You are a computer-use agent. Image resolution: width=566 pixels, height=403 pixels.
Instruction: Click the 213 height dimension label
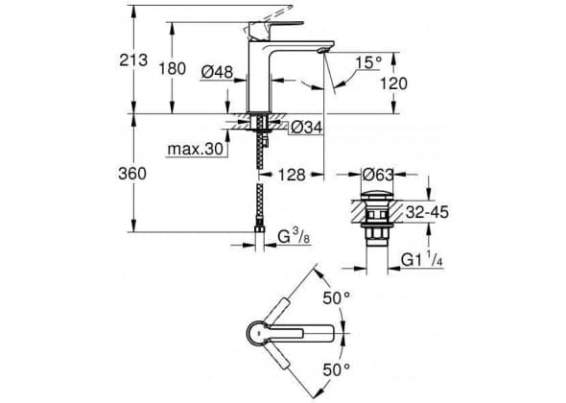(x=133, y=59)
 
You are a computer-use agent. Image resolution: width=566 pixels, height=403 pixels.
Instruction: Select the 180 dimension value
(x=173, y=69)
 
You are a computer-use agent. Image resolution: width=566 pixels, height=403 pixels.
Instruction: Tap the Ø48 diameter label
(x=217, y=72)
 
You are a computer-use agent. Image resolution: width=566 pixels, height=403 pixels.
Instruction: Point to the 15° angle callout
(x=368, y=62)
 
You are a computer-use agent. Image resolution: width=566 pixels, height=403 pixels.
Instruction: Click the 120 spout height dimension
(x=393, y=83)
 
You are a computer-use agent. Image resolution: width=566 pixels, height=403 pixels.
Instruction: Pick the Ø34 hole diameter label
(x=306, y=128)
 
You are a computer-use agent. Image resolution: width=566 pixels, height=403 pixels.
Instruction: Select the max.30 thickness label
(x=196, y=149)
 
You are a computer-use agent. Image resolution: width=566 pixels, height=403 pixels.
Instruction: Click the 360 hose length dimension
(x=132, y=174)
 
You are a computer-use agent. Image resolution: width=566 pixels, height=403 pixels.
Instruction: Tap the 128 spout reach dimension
(x=292, y=175)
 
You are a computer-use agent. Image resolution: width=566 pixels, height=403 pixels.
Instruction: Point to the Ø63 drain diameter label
(x=378, y=175)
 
